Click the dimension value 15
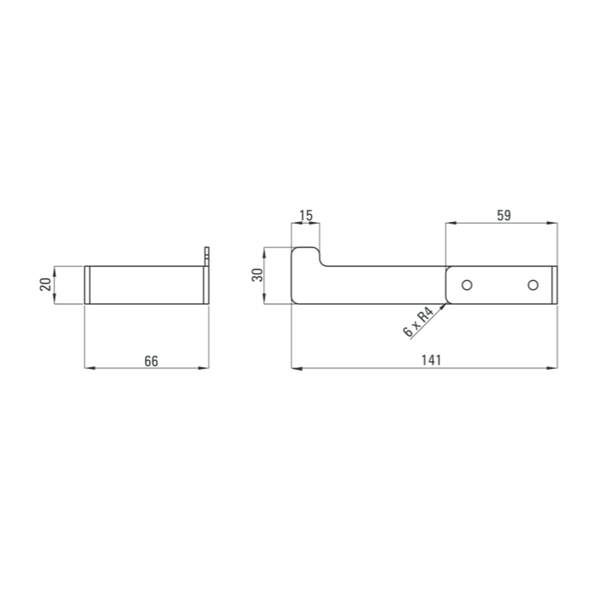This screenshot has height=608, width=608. (x=306, y=215)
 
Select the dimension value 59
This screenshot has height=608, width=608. (x=503, y=215)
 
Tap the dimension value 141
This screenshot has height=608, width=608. (x=431, y=360)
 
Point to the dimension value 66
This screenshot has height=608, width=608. (x=151, y=361)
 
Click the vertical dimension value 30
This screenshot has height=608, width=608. (x=257, y=275)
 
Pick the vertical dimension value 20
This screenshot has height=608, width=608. (x=46, y=285)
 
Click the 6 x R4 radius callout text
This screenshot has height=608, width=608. (x=418, y=322)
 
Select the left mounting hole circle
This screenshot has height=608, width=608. (x=467, y=285)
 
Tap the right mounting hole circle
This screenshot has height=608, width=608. (x=533, y=285)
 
